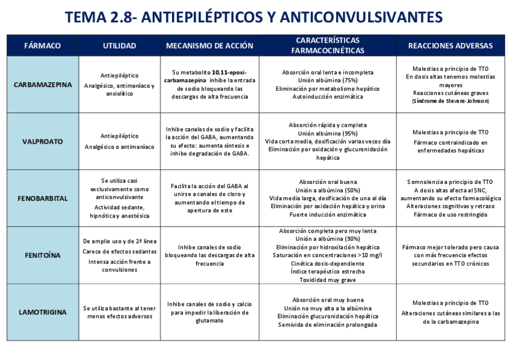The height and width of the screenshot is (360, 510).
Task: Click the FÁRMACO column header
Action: click(42, 46)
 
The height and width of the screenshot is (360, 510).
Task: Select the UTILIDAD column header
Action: click(119, 46)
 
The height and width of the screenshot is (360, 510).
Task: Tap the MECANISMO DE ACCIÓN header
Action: click(209, 46)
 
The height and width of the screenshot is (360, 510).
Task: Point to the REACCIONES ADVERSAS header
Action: click(450, 46)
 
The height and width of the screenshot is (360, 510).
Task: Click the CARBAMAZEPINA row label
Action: click(42, 85)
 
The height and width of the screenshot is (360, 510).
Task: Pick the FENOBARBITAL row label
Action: click(42, 198)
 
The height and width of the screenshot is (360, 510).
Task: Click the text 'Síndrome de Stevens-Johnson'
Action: click(450, 101)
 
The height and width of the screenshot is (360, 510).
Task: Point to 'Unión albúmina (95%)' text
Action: click(328, 133)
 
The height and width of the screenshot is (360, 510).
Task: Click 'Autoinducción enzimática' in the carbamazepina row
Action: click(328, 96)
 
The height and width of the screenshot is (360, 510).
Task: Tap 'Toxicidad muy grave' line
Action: click(328, 279)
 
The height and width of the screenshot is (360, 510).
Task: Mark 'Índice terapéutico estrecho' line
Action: click(328, 271)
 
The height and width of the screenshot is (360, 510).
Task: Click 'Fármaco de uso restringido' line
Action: click(450, 214)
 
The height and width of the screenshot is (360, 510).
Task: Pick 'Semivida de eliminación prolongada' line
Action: click(328, 325)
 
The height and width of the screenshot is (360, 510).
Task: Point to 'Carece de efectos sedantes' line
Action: click(119, 251)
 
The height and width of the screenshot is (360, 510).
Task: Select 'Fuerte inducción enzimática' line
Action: click(328, 214)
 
